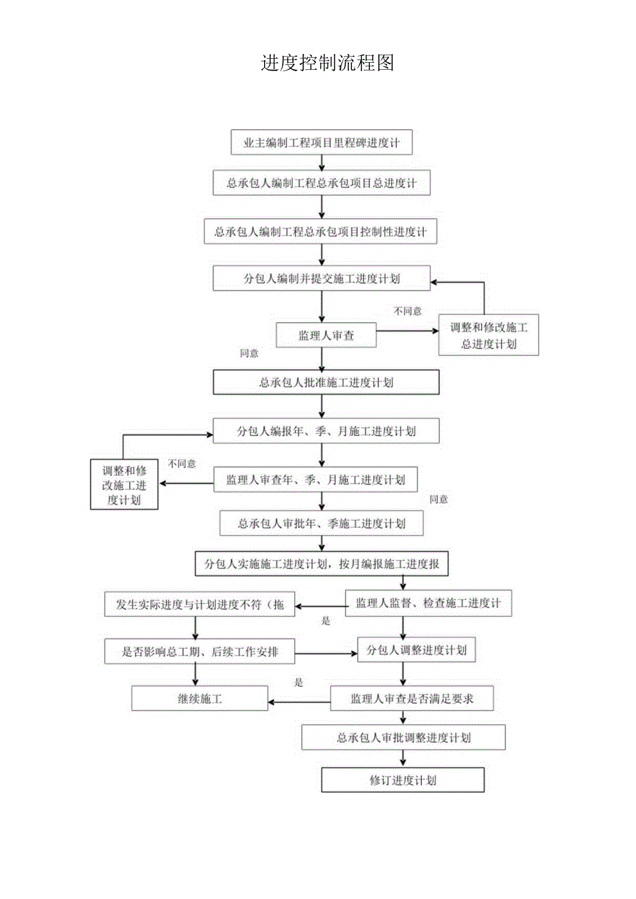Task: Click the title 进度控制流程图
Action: click(327, 63)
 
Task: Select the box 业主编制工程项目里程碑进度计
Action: click(321, 143)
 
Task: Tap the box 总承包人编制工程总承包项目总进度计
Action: click(321, 184)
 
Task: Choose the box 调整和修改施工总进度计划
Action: click(489, 335)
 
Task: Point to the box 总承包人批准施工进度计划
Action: click(326, 382)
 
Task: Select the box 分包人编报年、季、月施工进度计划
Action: click(326, 432)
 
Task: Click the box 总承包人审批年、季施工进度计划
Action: click(321, 523)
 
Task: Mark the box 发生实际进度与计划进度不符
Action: click(199, 605)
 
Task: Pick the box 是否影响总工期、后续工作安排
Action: click(199, 651)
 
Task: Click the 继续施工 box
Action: click(200, 699)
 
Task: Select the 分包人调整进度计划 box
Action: click(416, 650)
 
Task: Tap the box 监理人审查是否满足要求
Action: click(412, 699)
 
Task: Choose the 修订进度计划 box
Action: click(403, 781)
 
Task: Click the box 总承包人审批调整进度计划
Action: click(404, 738)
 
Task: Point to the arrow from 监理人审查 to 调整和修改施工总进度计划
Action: click(407, 330)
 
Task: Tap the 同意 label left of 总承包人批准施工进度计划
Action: click(249, 353)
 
